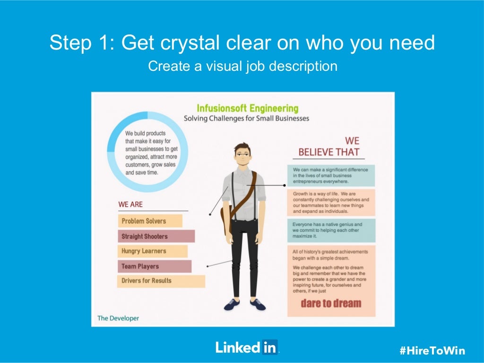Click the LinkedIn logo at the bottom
247,347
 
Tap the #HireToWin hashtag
432,350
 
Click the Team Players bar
154,266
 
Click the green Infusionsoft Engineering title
247,108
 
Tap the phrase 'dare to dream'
331,303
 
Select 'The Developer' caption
118,318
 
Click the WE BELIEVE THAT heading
329,147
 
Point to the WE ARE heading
130,205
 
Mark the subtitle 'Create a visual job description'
242,66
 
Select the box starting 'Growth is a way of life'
331,203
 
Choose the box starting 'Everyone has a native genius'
331,230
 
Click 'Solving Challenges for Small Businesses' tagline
246,118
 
